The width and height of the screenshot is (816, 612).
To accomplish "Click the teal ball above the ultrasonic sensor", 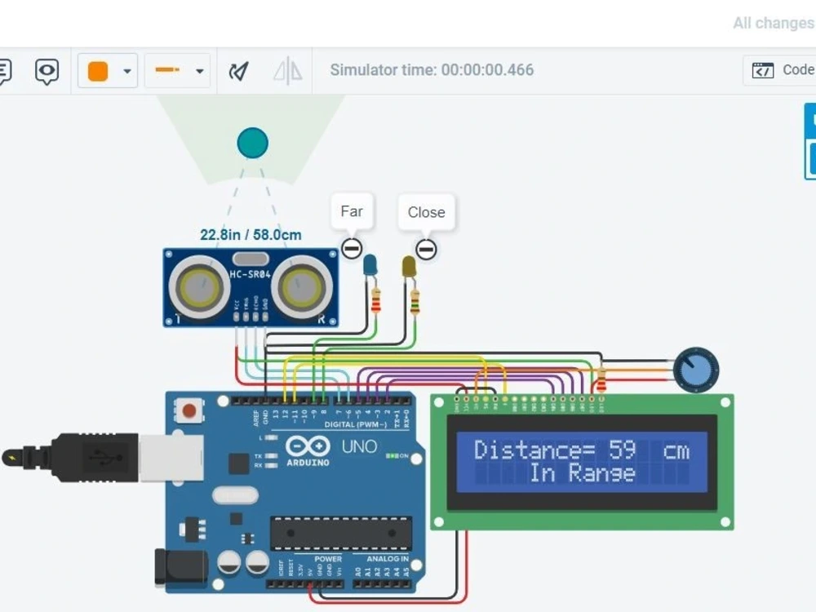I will (x=252, y=143).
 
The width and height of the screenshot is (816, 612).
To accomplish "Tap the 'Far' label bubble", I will (x=352, y=211).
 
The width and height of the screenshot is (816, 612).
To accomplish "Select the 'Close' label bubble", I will (x=426, y=212).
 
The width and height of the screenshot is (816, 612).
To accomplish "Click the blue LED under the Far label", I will (x=370, y=264).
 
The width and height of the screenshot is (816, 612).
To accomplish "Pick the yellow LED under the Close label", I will (x=409, y=266).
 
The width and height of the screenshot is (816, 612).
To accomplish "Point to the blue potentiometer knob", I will (x=696, y=370).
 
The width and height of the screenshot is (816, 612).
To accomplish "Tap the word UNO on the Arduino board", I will (x=359, y=446).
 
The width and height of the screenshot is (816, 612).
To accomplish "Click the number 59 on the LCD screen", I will (x=622, y=450).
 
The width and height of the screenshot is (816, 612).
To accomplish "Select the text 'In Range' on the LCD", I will (x=582, y=473).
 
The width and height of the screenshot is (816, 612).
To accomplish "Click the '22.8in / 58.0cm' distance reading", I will (x=251, y=235).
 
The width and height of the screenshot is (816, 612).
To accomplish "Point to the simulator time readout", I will (x=432, y=70).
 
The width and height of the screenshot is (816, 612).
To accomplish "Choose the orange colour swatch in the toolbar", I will (x=98, y=71).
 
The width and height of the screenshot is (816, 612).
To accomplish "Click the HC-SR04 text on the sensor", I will (x=250, y=275).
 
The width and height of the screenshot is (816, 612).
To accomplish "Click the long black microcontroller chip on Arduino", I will (x=341, y=533).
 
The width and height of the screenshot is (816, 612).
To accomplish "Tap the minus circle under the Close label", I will (x=426, y=249).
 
